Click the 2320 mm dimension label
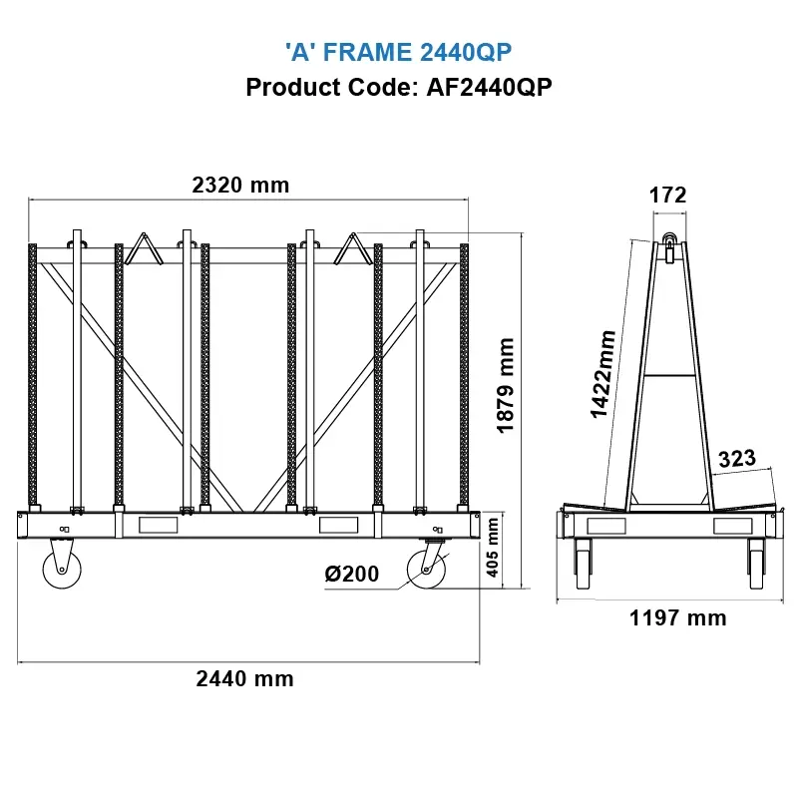tap(240, 185)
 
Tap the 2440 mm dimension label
tap(244, 679)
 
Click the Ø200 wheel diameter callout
tap(351, 574)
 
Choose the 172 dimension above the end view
tap(668, 196)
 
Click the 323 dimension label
tap(738, 459)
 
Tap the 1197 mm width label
tap(678, 618)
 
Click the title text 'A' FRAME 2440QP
tap(399, 52)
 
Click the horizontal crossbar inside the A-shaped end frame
tap(669, 375)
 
